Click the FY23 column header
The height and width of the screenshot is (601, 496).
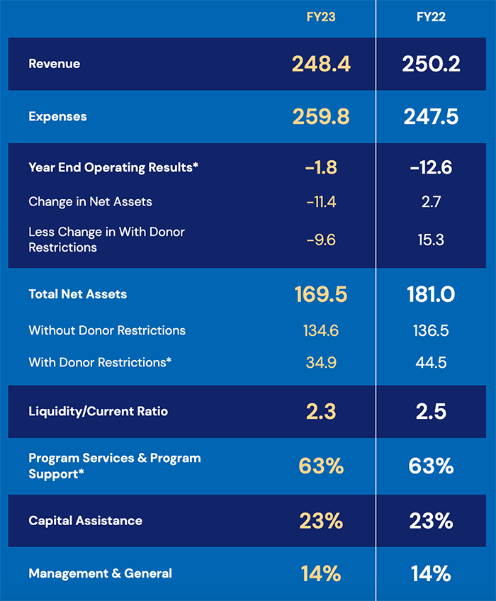pos(321,17)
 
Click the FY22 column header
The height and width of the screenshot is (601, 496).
pos(431,17)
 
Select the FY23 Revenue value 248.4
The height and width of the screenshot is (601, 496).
pos(321,64)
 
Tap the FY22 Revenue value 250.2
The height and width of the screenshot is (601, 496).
pos(431,64)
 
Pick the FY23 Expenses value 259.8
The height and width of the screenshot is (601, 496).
pos(321,116)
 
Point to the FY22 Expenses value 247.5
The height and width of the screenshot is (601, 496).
pos(431,116)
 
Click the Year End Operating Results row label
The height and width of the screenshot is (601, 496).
pos(113,167)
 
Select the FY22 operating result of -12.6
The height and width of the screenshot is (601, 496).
pos(431,167)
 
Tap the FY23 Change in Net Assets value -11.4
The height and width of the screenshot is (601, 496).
pos(321,202)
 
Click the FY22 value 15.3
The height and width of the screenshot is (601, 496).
pos(431,240)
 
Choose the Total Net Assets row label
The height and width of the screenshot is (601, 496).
pos(78,294)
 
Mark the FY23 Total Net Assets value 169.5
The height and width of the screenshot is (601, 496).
pos(321,294)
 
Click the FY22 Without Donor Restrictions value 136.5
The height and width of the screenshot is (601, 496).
pos(431,330)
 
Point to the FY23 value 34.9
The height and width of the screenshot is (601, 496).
pos(321,362)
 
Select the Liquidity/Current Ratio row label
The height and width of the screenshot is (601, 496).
pos(98,411)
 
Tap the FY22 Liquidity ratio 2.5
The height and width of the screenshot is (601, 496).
pos(431,411)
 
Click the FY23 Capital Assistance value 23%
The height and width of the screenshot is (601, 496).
pos(321,521)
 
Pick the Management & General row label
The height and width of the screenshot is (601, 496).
pos(100,573)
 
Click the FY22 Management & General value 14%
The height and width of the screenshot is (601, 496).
pos(431,573)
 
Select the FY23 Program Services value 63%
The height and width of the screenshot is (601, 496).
pos(321,466)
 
